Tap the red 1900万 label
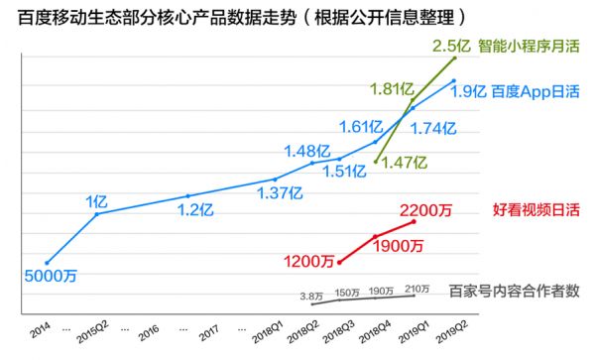[x=398, y=246]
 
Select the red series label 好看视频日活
[x=535, y=209]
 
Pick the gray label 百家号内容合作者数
[x=514, y=291]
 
